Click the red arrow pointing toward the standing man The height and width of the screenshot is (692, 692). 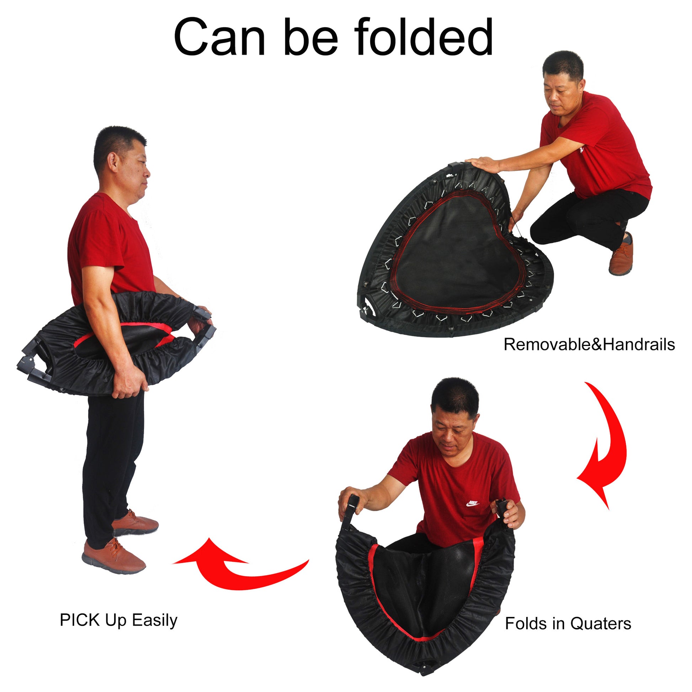pos(236,570)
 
